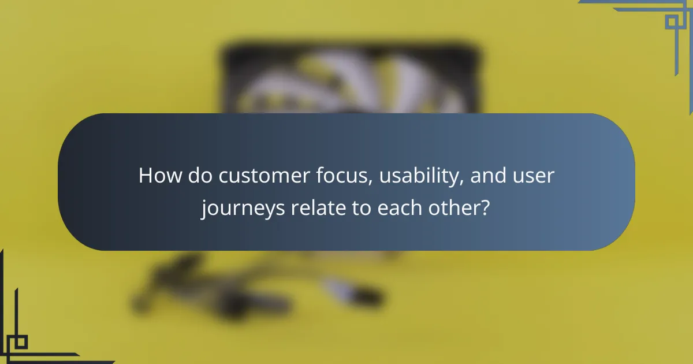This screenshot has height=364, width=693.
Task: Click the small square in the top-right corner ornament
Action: click(x=671, y=22)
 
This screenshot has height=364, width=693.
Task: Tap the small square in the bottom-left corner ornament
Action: click(x=21, y=341)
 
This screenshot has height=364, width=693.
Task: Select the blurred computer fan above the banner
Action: click(x=349, y=81)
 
